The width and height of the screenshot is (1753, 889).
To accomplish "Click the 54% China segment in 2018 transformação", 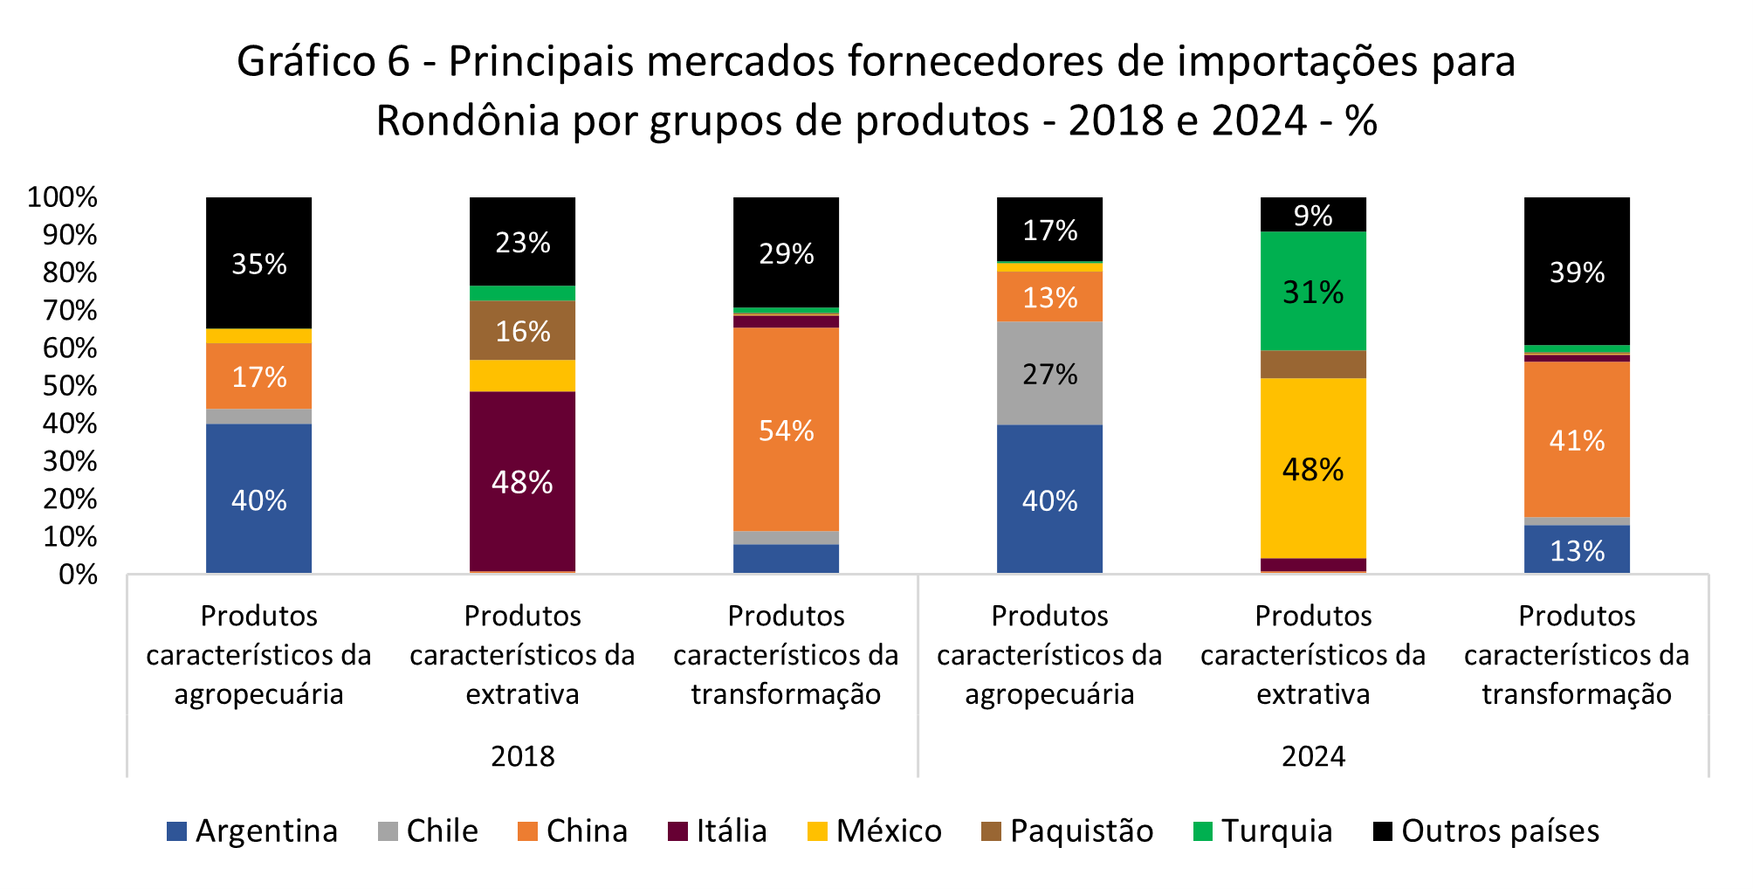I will click(786, 430).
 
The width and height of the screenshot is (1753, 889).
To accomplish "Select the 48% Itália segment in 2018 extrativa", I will click(522, 481).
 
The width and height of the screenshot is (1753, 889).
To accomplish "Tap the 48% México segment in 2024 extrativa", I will click(1313, 469).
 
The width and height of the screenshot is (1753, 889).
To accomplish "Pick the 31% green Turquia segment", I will click(1313, 292).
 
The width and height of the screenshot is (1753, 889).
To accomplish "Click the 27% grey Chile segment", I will click(1049, 374).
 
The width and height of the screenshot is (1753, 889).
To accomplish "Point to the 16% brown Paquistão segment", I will click(522, 331).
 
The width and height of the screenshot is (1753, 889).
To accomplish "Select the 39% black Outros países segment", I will click(1577, 272).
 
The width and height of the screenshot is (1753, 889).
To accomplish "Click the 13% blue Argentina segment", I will click(1577, 550).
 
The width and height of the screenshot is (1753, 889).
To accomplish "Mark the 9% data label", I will click(1313, 216).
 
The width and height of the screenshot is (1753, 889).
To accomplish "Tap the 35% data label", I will click(258, 264).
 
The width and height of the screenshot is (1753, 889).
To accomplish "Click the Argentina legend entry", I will click(252, 830).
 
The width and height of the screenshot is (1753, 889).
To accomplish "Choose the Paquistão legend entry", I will click(1068, 830).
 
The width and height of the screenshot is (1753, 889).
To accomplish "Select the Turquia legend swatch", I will click(1203, 831).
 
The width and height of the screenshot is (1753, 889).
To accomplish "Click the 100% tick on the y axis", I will click(62, 197).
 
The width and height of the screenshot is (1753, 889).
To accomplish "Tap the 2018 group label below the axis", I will click(522, 755).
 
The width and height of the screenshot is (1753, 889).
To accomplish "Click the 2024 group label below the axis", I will click(1313, 755).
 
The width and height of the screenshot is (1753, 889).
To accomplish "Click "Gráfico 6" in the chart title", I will click(323, 61).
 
